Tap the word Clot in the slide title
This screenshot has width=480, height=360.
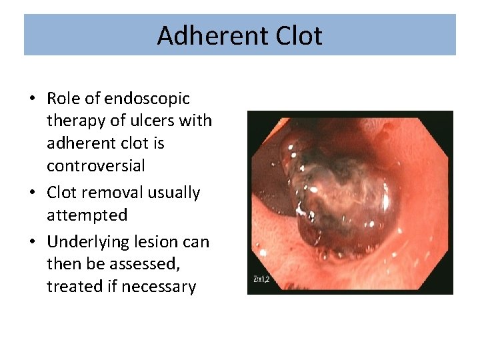(x=296, y=36)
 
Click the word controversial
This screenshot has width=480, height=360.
(x=96, y=165)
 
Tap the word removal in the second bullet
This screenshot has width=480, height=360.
(x=102, y=193)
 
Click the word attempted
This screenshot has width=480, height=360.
(x=87, y=215)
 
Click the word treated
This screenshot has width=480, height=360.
(x=71, y=287)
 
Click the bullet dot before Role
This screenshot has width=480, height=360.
(x=32, y=99)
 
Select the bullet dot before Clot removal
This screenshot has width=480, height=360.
(x=32, y=193)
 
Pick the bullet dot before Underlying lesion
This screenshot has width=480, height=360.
(x=32, y=242)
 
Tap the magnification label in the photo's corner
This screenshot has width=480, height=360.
(x=261, y=279)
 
